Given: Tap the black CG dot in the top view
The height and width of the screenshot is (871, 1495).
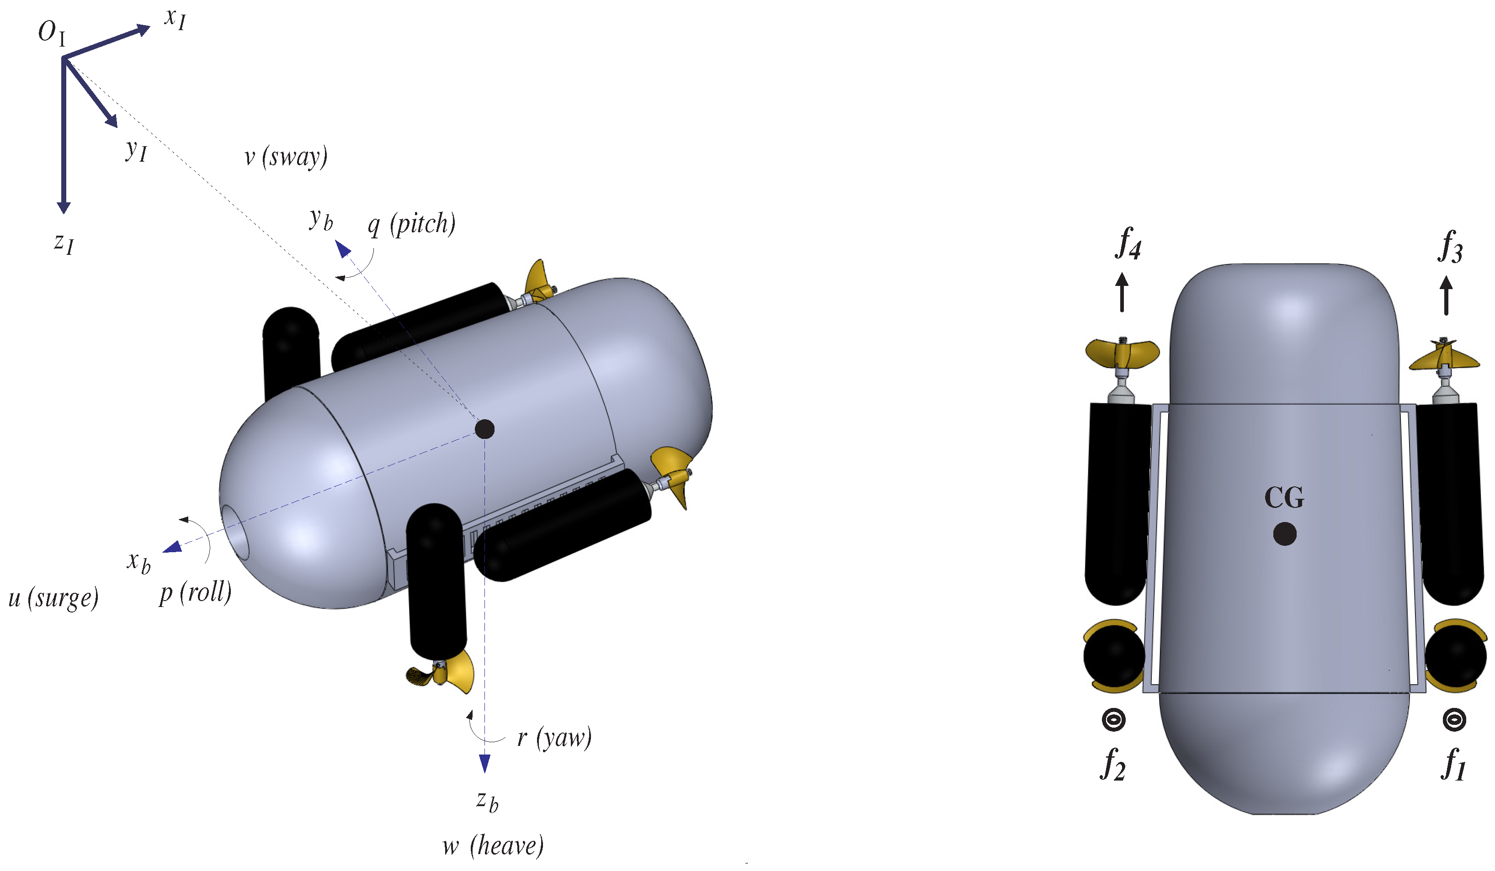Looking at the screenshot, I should [1284, 533].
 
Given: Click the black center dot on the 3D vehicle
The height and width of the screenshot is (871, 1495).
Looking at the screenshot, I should [484, 429].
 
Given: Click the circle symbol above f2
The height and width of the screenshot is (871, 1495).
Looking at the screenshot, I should [1113, 720].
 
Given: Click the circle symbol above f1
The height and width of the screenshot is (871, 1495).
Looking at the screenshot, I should [1454, 720].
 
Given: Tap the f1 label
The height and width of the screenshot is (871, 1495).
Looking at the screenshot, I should [1453, 765].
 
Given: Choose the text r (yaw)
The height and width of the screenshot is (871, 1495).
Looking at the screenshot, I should [554, 738].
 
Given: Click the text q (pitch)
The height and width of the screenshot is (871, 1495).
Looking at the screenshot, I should [411, 225].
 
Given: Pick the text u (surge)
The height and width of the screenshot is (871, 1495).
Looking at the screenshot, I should [53, 598].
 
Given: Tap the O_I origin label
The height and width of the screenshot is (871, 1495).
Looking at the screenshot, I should [51, 32].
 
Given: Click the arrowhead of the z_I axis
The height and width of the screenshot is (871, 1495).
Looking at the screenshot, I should [64, 207].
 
